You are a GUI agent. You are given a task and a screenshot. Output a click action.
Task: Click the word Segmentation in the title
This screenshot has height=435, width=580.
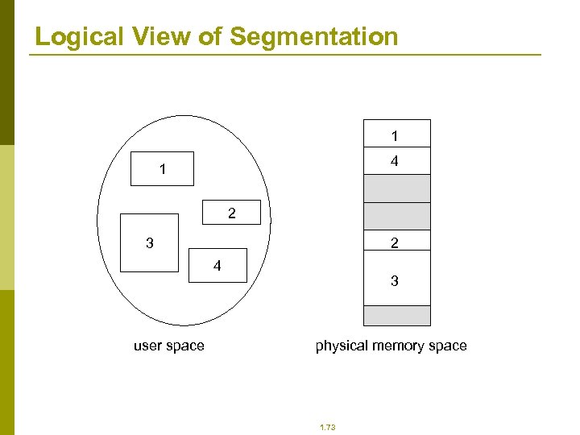point(314,36)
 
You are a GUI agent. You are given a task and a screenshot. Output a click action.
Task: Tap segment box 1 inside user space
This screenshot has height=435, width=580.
point(164,169)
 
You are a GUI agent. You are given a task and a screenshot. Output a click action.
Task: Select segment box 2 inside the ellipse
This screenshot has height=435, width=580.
point(231,212)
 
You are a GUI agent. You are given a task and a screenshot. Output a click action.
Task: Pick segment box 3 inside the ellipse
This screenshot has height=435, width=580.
point(149,242)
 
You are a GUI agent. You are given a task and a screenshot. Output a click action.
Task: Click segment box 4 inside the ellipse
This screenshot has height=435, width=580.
point(217,266)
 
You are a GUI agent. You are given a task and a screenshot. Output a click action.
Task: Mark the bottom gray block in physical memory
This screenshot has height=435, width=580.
point(396,316)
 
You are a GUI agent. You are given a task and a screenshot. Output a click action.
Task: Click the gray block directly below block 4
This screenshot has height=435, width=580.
point(396,188)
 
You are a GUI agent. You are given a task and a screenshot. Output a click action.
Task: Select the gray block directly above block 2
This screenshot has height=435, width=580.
point(396,216)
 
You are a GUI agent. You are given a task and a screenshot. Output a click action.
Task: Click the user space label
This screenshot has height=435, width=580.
point(169,346)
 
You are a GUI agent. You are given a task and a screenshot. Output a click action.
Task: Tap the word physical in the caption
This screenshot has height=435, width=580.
point(339,346)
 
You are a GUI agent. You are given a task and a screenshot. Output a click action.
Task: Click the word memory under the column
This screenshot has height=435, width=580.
point(396,346)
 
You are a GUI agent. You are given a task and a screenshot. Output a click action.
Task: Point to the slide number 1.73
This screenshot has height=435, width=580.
point(327,427)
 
